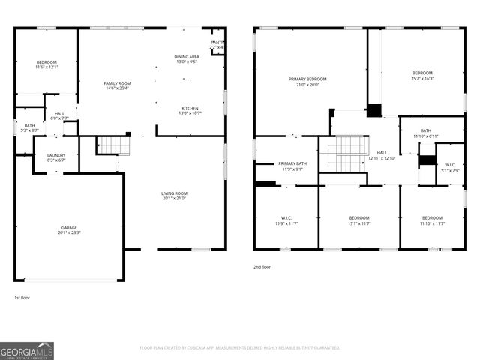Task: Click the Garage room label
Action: (x=69, y=228)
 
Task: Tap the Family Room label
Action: (x=117, y=83)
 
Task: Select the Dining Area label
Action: (x=187, y=57)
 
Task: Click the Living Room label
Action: (x=174, y=193)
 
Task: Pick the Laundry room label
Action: (x=57, y=155)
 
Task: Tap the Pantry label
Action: (x=218, y=43)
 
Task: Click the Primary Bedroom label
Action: (x=307, y=79)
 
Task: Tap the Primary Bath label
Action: (x=292, y=163)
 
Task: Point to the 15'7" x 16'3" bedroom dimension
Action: (x=422, y=78)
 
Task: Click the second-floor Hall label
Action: (x=382, y=152)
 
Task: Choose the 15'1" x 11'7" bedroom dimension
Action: (x=359, y=223)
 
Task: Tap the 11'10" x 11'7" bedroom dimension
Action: (x=432, y=223)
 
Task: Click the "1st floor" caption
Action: (x=22, y=298)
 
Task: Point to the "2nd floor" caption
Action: (x=262, y=265)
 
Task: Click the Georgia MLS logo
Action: (x=27, y=350)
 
